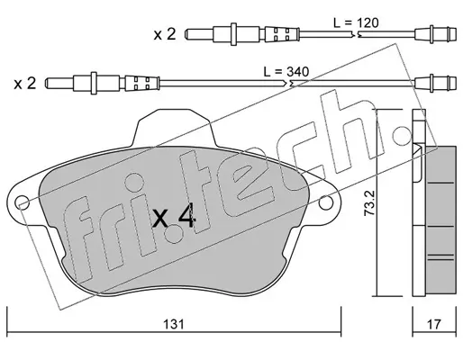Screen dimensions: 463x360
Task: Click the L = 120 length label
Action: (356, 22)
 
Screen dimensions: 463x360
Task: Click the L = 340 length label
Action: (286, 72)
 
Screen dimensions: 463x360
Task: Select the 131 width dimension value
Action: (174, 324)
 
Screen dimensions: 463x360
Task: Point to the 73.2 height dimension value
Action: (368, 203)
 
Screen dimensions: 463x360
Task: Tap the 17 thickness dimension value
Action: (434, 324)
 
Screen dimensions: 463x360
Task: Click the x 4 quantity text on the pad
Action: (174, 218)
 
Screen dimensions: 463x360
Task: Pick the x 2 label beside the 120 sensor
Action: (165, 34)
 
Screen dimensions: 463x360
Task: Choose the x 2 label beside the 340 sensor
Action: (25, 84)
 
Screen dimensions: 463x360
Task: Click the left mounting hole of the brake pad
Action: (23, 202)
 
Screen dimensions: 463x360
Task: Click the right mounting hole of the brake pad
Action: (326, 202)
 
